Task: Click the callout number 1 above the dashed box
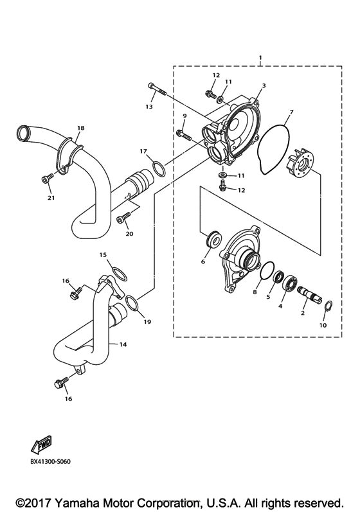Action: point(260,58)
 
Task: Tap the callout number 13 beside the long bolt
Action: point(149,107)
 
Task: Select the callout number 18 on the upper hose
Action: point(81,128)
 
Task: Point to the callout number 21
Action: point(50,198)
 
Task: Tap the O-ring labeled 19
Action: point(130,302)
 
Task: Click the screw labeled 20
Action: point(122,220)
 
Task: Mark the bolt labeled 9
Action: point(182,134)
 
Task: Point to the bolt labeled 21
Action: point(46,178)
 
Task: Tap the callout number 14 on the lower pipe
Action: point(123,344)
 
